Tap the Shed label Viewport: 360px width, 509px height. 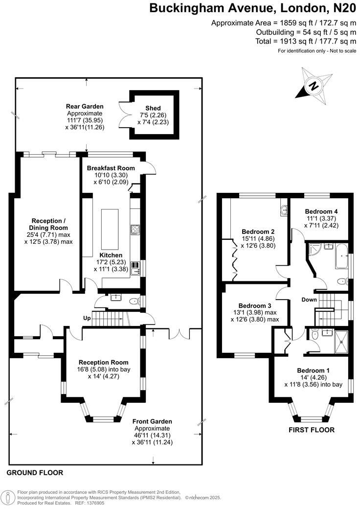click(153, 108)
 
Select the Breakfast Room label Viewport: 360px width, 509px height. click(111, 168)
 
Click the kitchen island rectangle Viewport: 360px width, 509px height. click(110, 229)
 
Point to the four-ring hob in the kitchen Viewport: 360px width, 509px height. click(135, 229)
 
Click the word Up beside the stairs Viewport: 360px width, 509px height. click(87, 318)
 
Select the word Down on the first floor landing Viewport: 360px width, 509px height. click(309, 300)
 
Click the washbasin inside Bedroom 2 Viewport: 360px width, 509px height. click(284, 210)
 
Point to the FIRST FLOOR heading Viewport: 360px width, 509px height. click(311, 430)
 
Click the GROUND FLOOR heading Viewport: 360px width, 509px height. click(35, 473)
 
